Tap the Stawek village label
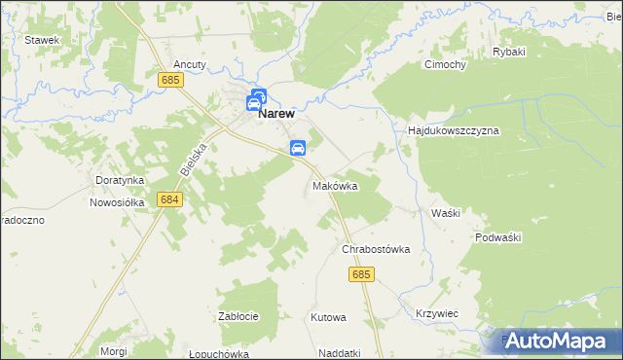44,40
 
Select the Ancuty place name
190,64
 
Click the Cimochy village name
445,65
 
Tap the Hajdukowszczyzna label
453,129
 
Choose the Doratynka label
119,180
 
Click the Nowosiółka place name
117,202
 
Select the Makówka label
336,185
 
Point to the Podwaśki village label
500,237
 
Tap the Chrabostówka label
376,249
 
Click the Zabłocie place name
238,317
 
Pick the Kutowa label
328,317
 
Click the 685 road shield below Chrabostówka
360,276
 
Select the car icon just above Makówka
298,148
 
